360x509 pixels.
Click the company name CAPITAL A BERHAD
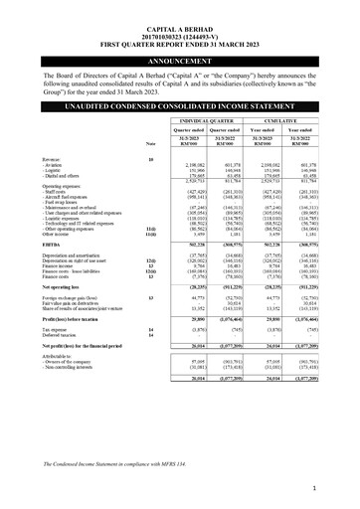pos(180,12)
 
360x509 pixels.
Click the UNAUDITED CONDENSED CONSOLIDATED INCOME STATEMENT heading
pos(180,105)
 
